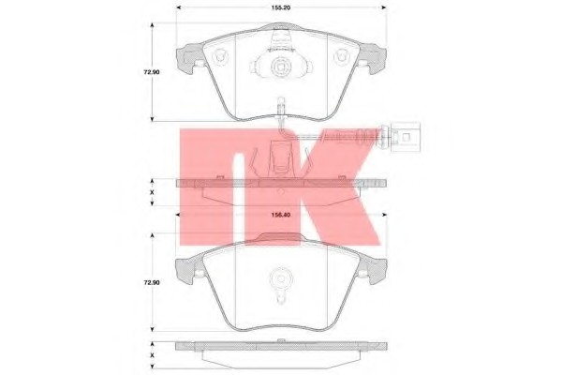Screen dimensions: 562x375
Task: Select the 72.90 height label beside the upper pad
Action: point(152,72)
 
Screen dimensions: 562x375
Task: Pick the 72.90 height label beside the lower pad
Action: point(152,283)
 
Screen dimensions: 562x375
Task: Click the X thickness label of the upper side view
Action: point(152,192)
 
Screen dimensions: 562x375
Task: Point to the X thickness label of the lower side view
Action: point(152,355)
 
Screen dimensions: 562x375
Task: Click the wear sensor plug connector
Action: point(406,137)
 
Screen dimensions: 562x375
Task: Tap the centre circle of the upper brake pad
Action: point(280,67)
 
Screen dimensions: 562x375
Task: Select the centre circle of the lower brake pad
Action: point(280,277)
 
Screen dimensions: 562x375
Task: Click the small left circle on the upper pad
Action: point(220,56)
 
